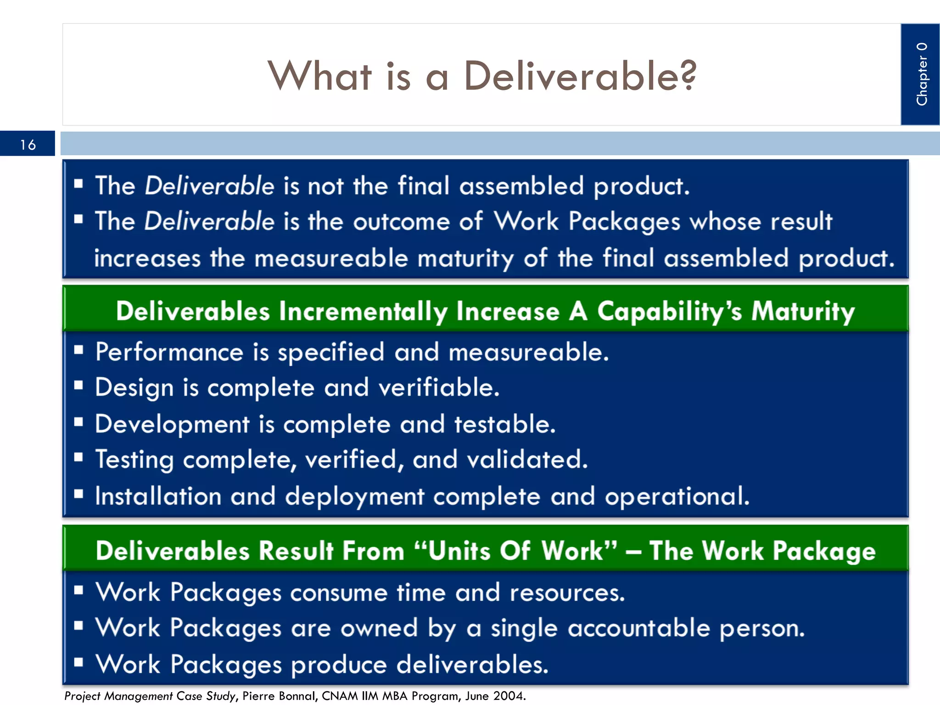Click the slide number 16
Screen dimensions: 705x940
28,145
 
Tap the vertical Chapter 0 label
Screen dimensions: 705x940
921,74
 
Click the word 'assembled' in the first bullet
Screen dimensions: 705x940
521,186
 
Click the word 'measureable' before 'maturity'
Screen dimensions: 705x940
331,258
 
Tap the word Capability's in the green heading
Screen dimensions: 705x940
669,311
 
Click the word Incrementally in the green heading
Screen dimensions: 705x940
363,311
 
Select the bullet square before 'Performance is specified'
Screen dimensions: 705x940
78,350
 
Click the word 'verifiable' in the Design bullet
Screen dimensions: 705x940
438,387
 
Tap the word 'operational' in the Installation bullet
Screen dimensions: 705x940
676,496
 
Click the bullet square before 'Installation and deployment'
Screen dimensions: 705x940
78,494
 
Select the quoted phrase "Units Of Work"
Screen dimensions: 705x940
515,550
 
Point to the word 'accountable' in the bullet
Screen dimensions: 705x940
638,628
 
